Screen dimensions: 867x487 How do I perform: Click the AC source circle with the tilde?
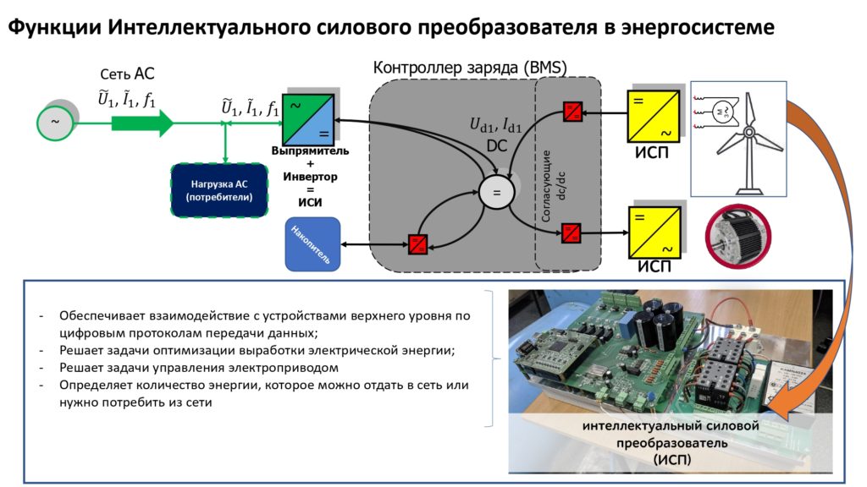[x=55, y=122]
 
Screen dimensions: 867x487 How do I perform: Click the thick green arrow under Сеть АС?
[x=142, y=123]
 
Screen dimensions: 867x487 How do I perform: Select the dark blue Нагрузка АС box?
[x=219, y=190]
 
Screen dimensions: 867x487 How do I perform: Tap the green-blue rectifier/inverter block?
[x=308, y=120]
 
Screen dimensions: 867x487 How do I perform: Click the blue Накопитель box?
[x=312, y=244]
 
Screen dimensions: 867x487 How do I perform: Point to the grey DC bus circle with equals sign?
[x=496, y=192]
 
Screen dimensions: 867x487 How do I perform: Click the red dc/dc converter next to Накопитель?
[x=417, y=244]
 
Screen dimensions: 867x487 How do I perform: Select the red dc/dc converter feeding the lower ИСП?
[x=572, y=233]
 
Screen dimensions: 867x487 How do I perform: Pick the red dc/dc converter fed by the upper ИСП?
[x=573, y=112]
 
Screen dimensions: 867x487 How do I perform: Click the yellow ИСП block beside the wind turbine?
[x=653, y=117]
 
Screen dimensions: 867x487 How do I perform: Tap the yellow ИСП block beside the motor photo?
[x=654, y=232]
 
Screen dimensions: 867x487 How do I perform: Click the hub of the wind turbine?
[x=748, y=132]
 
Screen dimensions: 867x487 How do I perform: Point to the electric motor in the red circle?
[x=738, y=237]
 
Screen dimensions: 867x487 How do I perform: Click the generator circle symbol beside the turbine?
[x=725, y=112]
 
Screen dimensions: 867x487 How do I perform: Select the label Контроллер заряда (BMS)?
[x=470, y=68]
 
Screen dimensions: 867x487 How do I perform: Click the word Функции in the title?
[x=54, y=27]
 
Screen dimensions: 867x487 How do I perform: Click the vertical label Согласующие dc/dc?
[x=553, y=186]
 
